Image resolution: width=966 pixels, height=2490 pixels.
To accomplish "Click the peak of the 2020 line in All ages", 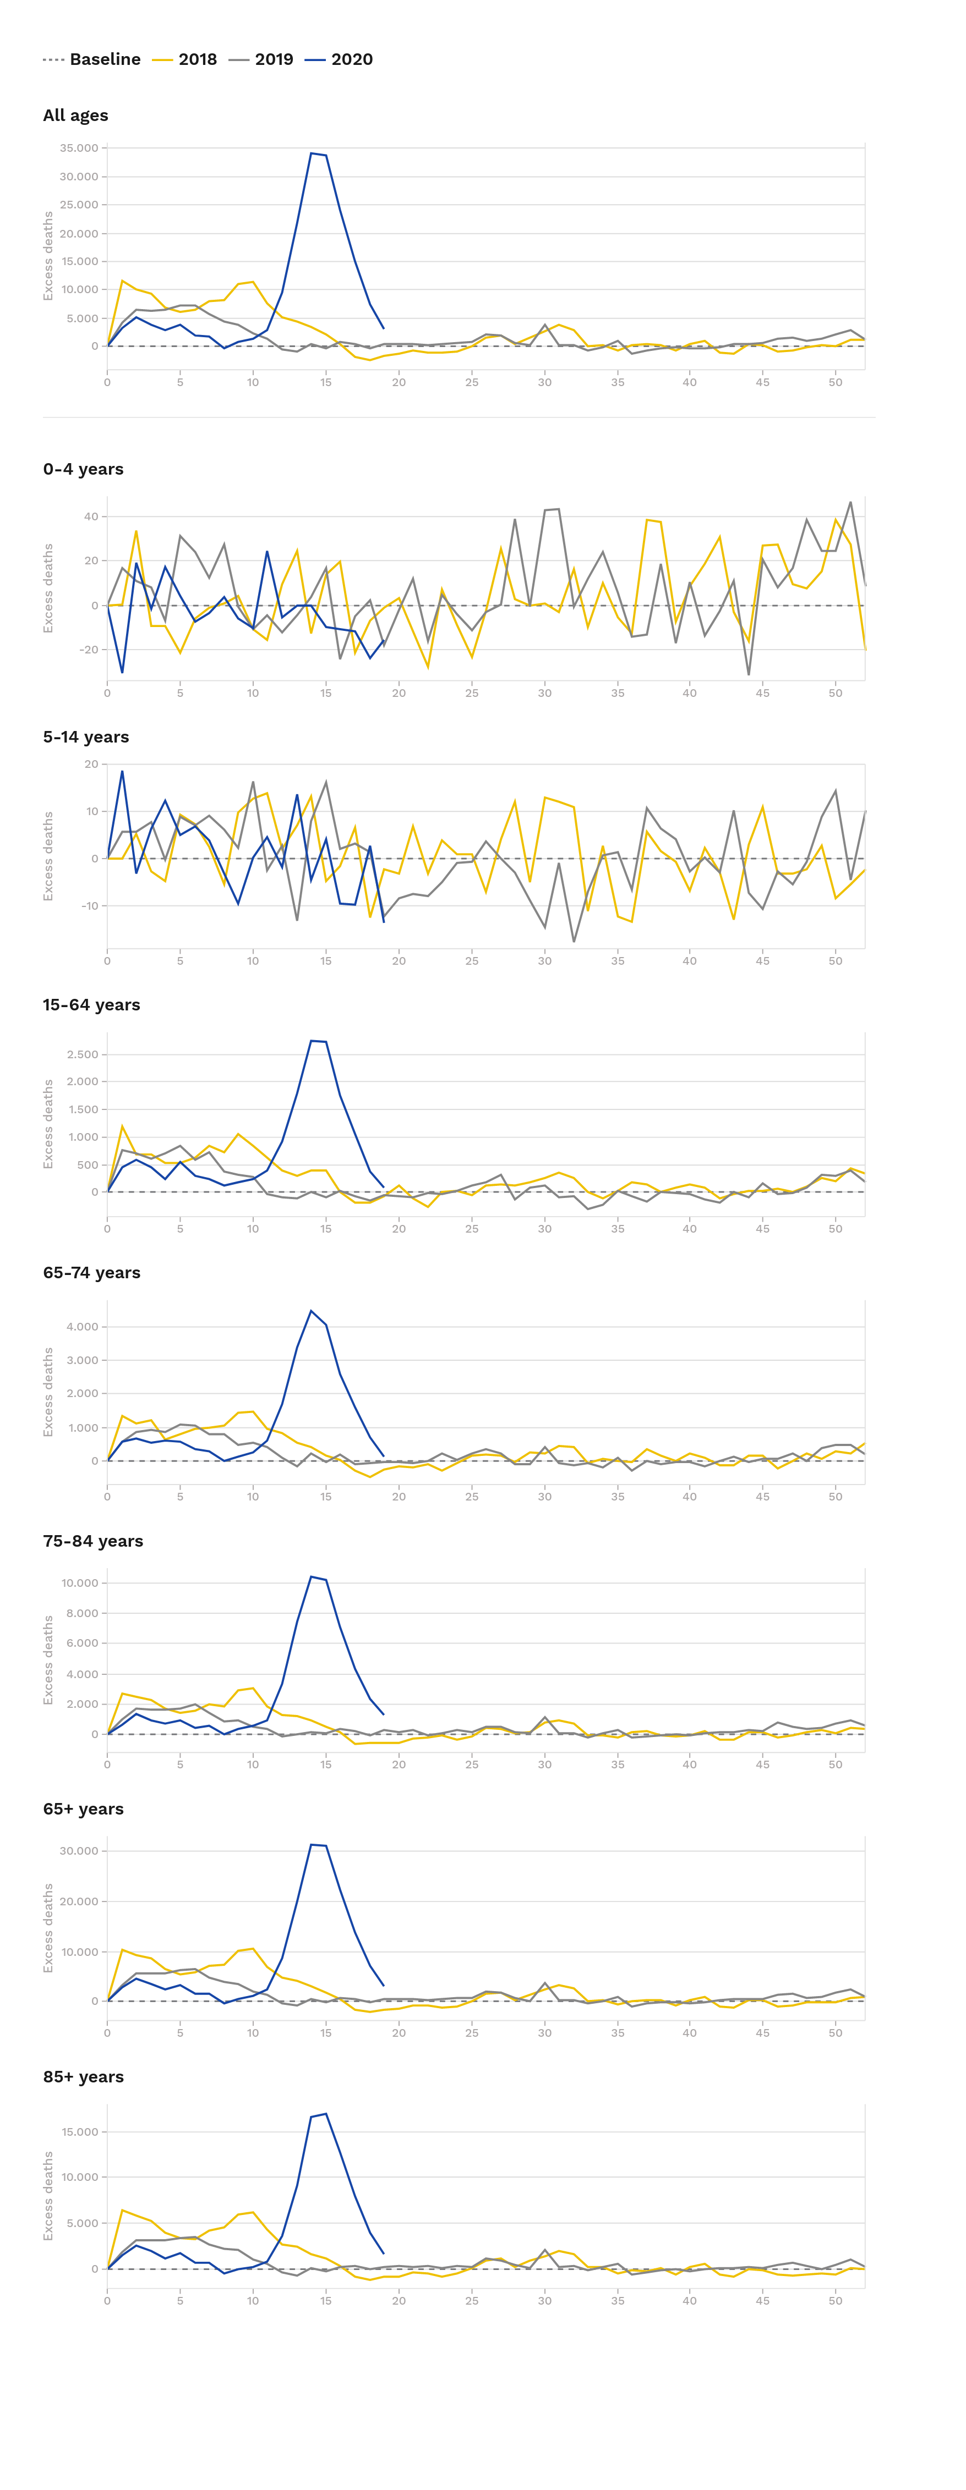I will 312,153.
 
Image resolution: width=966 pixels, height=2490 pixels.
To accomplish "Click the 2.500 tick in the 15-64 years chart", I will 82,1054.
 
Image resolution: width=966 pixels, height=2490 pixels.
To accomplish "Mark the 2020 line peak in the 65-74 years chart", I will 312,1311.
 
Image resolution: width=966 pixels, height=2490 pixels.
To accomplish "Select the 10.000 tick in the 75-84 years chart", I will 79,1582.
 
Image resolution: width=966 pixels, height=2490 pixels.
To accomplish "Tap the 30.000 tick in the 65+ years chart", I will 79,1850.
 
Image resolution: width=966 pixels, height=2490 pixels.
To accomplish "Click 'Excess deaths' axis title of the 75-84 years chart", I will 48,1659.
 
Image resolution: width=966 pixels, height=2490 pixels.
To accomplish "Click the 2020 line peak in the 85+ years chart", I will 326,2113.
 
